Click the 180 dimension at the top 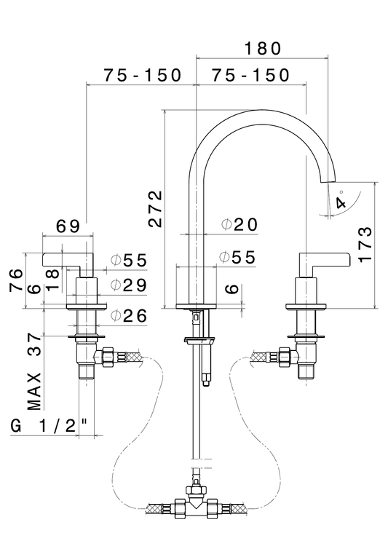click(262, 48)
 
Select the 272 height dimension click(155, 209)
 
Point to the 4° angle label click(341, 200)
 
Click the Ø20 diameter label click(239, 225)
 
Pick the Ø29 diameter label click(129, 285)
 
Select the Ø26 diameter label click(129, 316)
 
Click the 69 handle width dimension click(68, 226)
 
